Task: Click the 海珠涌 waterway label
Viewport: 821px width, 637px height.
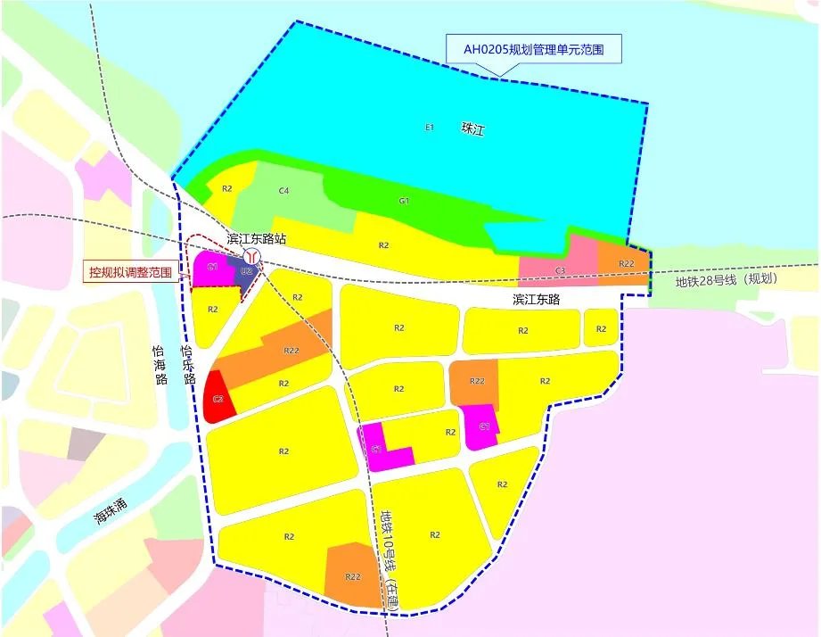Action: click(111, 510)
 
